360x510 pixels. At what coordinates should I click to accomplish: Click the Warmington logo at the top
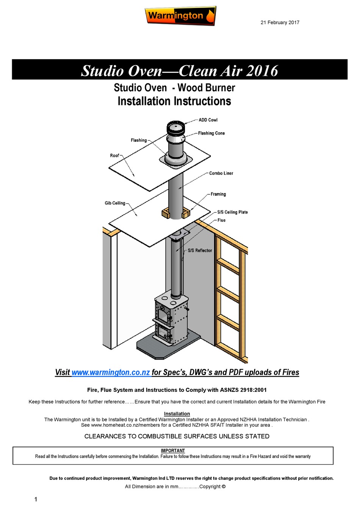click(x=180, y=16)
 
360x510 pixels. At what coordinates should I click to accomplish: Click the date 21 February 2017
click(x=280, y=22)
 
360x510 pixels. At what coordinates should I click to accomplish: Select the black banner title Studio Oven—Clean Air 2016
click(x=180, y=70)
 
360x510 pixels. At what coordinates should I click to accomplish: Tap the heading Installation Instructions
click(x=174, y=102)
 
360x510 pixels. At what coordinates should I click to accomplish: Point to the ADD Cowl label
click(x=208, y=120)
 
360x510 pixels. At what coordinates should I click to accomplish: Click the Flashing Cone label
click(x=211, y=133)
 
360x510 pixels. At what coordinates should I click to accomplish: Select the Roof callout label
click(x=114, y=155)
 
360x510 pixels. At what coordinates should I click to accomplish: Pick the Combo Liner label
click(x=221, y=173)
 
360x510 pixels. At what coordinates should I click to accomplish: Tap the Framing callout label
click(x=218, y=194)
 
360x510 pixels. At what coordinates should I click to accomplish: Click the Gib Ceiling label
click(x=115, y=203)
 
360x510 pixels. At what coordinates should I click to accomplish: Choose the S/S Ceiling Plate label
click(x=232, y=212)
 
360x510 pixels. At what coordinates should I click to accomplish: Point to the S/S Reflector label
click(x=200, y=250)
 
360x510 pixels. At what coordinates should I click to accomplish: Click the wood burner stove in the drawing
click(x=171, y=318)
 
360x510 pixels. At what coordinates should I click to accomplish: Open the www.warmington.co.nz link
click(x=111, y=372)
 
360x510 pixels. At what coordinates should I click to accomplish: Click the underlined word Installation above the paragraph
click(x=177, y=414)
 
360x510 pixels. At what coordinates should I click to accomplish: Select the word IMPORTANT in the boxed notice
click(x=173, y=451)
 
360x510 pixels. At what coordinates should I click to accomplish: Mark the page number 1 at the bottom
click(x=36, y=499)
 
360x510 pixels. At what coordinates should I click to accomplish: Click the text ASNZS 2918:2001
click(x=243, y=390)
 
